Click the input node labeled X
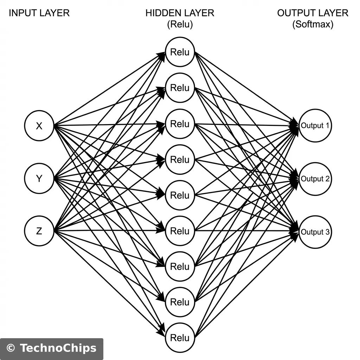(x=39, y=126)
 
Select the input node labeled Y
(x=39, y=179)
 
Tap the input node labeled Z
(x=39, y=231)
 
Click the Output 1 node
(x=315, y=126)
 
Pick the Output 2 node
(x=315, y=179)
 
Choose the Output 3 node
(x=315, y=232)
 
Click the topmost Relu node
(x=180, y=52)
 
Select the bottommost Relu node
(x=180, y=338)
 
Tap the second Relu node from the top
(x=180, y=88)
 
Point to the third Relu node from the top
(x=180, y=124)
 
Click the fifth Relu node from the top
(x=180, y=195)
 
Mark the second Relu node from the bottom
(x=180, y=302)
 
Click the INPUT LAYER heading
(x=39, y=13)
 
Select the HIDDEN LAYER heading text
(x=180, y=13)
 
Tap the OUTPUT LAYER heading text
(x=313, y=13)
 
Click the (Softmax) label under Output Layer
(x=313, y=25)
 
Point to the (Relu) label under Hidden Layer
(x=180, y=25)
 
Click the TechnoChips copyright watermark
(x=52, y=348)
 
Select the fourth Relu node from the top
(x=180, y=160)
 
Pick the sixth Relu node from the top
(x=180, y=231)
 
